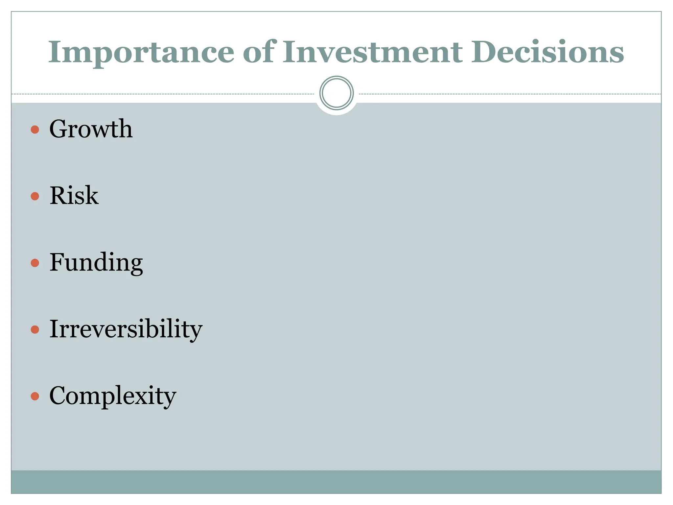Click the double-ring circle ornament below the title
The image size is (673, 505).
tap(336, 93)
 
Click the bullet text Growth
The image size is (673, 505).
tap(91, 129)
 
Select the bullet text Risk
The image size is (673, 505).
tap(74, 196)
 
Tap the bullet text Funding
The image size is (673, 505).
tap(96, 262)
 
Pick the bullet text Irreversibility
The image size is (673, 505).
tap(126, 329)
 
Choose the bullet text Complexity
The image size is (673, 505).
tap(113, 396)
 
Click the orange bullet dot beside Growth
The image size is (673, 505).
tap(35, 130)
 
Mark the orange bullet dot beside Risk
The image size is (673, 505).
tap(35, 196)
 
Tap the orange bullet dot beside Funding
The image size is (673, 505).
tap(35, 263)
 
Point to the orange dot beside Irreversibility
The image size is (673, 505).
tap(35, 329)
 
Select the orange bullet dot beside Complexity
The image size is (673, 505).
tap(35, 396)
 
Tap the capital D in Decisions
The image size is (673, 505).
tap(484, 52)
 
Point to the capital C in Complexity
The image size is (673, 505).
tap(59, 395)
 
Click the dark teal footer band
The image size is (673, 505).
tap(336, 482)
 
